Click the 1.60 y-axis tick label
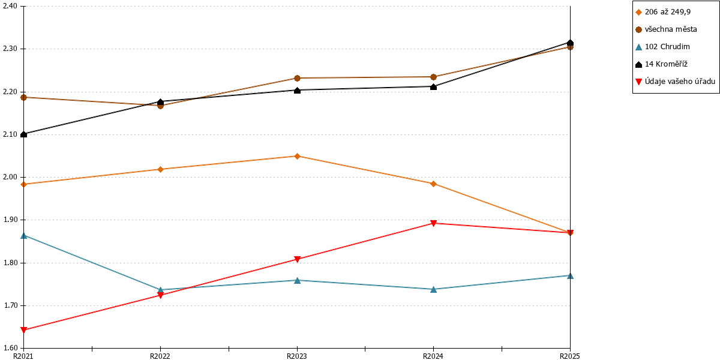[x=10, y=348]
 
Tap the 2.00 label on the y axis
[x=10, y=177]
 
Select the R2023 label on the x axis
[x=296, y=356]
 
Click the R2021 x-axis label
[x=23, y=356]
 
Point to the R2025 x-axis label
[x=570, y=356]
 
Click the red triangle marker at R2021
[x=23, y=329]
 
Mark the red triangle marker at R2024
[x=433, y=223]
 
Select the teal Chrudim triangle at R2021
[x=23, y=236]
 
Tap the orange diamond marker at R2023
[x=297, y=156]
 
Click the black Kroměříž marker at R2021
[x=23, y=134]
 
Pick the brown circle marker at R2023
[x=297, y=78]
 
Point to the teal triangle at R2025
[x=570, y=275]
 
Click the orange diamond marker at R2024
[x=433, y=184]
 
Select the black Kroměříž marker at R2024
[x=433, y=86]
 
